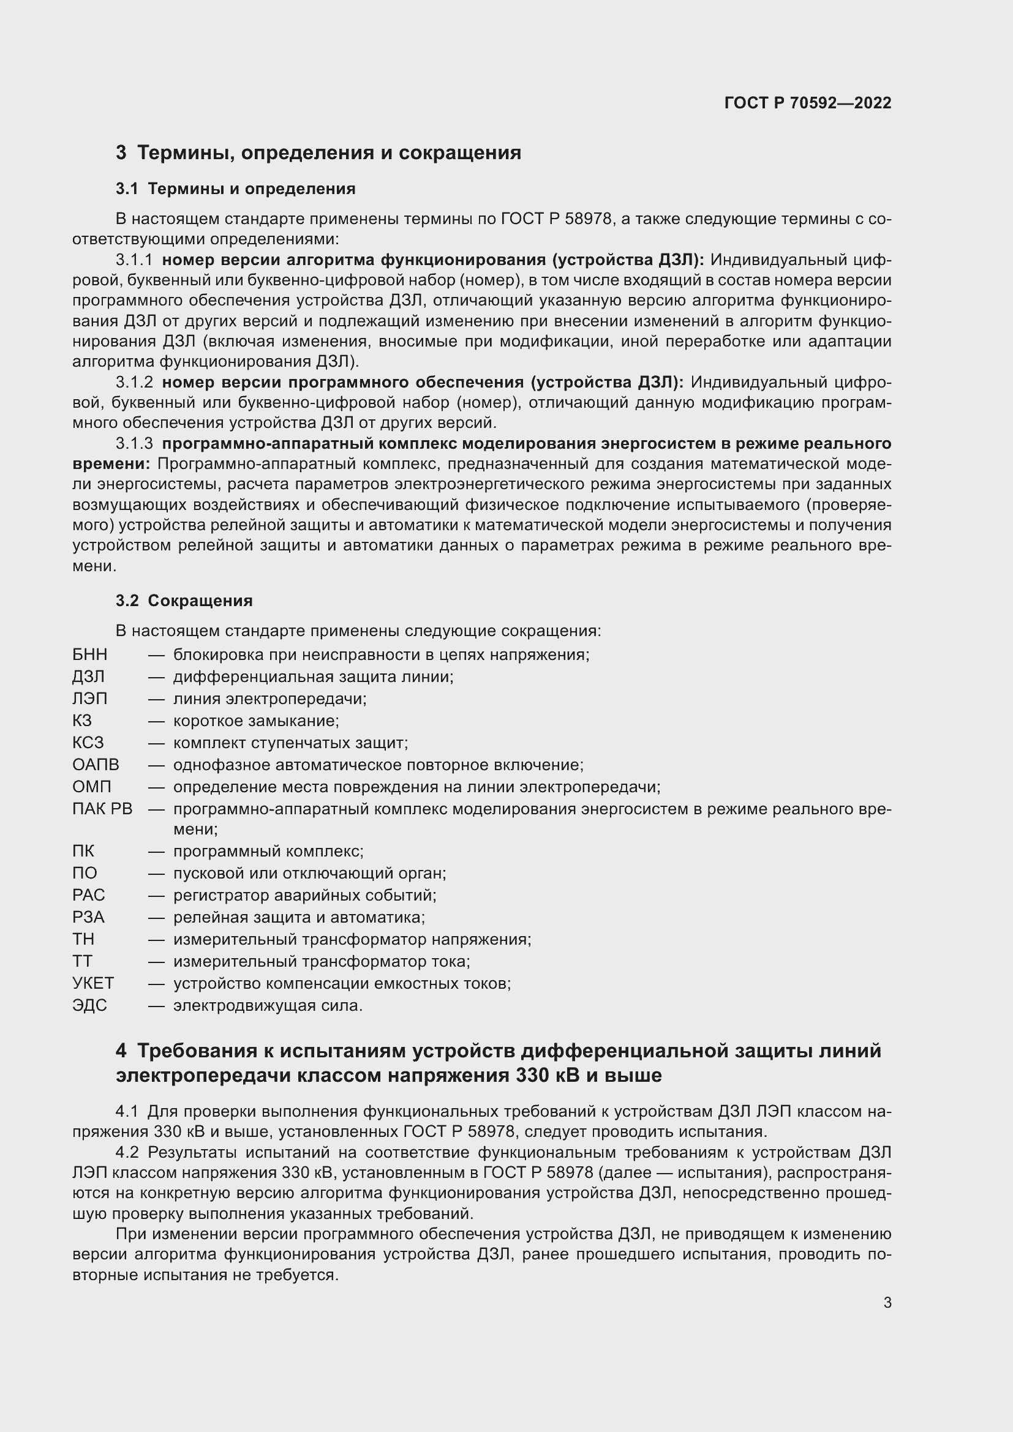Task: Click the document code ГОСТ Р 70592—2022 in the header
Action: (808, 103)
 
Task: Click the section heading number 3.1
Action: (127, 189)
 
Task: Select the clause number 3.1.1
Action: (134, 260)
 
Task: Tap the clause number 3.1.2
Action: (134, 382)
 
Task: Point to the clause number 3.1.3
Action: (134, 443)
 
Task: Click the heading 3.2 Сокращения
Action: (184, 601)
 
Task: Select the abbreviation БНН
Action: (90, 655)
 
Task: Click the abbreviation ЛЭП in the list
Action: (90, 699)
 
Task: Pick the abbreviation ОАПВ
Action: (96, 765)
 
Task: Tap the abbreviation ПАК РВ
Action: (102, 809)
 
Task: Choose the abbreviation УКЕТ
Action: (93, 984)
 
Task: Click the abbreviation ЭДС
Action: (90, 1005)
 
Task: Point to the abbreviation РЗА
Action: (89, 918)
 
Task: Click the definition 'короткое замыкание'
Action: (256, 721)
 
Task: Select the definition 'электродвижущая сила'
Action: (268, 1005)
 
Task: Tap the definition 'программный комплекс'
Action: (268, 852)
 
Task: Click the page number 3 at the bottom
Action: (887, 1303)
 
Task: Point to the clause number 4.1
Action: (127, 1111)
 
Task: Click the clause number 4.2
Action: (127, 1152)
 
